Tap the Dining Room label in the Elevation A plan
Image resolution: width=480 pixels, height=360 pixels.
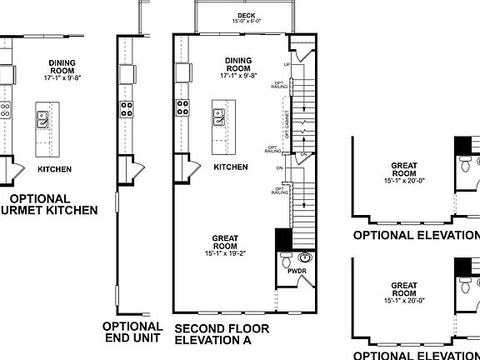pyautogui.click(x=239, y=64)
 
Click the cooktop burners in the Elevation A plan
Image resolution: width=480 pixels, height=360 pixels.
pyautogui.click(x=181, y=107)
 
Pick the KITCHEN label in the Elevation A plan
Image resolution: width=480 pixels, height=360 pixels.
pyautogui.click(x=231, y=167)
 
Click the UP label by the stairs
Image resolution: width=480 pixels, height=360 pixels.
pyautogui.click(x=288, y=63)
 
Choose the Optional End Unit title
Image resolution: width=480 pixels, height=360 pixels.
pyautogui.click(x=132, y=333)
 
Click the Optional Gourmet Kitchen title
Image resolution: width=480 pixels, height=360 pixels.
pyautogui.click(x=50, y=205)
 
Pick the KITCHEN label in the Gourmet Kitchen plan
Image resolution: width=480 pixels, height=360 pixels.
pyautogui.click(x=54, y=169)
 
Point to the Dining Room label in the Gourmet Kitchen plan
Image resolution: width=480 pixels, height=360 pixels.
pyautogui.click(x=62, y=66)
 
